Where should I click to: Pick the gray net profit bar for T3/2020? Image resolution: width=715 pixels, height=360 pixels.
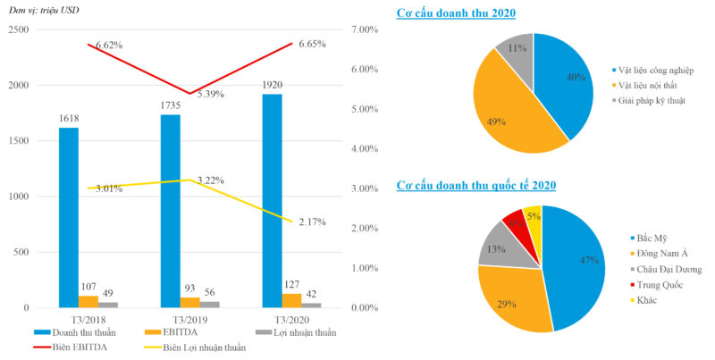click(x=312, y=305)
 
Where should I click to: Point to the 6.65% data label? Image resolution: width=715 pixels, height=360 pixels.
click(x=312, y=44)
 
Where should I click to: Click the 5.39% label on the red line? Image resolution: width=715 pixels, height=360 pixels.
click(x=210, y=94)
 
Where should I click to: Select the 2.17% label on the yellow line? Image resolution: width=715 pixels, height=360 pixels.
click(x=312, y=222)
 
